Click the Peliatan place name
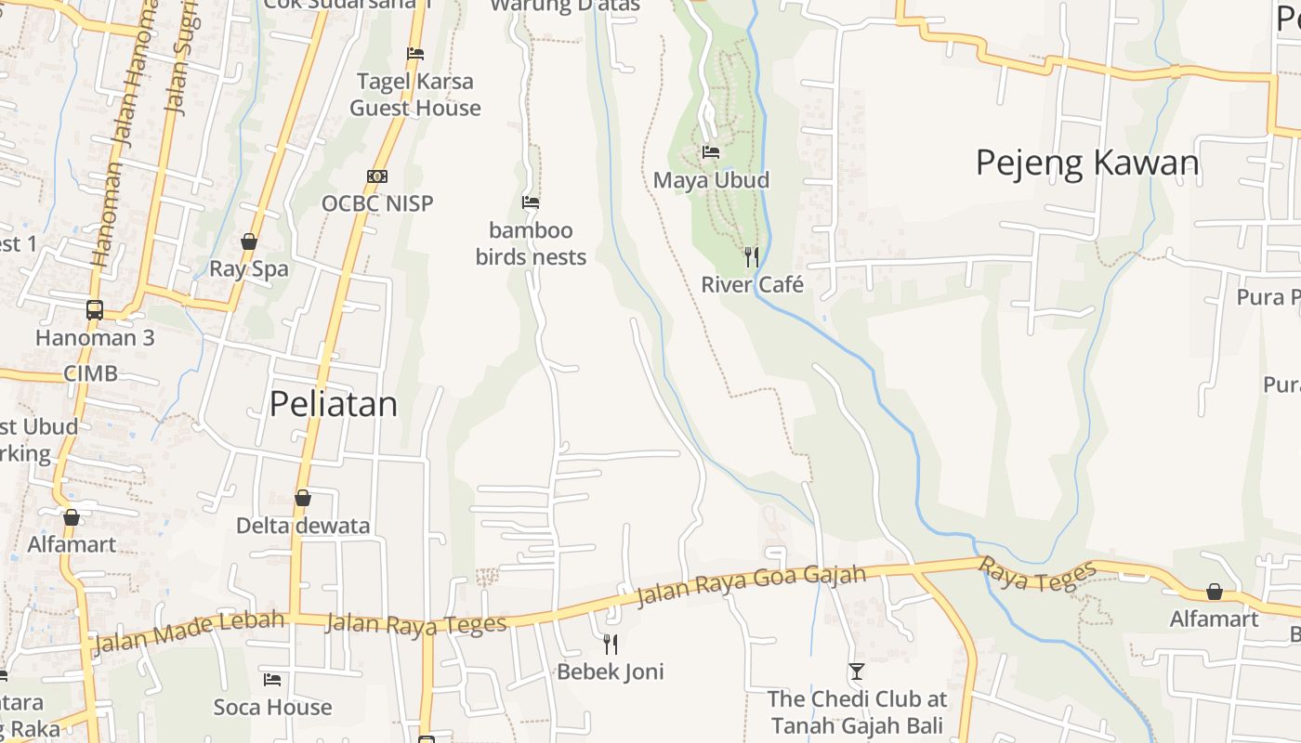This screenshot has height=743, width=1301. [x=334, y=404]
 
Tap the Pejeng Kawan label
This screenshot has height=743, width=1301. [x=1087, y=163]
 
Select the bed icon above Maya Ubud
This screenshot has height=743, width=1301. [x=711, y=152]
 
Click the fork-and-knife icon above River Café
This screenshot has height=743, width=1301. [x=752, y=256]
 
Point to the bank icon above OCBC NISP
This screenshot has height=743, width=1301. [x=376, y=176]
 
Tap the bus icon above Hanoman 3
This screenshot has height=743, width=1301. [x=95, y=309]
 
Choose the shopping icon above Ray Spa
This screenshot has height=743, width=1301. [x=249, y=241]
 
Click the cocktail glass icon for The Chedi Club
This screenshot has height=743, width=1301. [x=856, y=671]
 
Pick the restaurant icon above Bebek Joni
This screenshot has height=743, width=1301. [x=611, y=644]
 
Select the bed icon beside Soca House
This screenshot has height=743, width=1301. [x=272, y=680]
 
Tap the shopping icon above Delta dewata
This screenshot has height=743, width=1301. [x=302, y=498]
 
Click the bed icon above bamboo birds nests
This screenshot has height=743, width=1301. [x=531, y=202]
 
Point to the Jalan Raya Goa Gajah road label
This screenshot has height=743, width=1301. [x=751, y=586]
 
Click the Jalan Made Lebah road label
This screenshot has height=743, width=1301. [x=190, y=631]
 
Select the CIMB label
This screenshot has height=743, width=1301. [x=90, y=373]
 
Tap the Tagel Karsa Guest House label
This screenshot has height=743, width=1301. [x=415, y=95]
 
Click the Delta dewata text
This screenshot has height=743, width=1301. [x=303, y=526]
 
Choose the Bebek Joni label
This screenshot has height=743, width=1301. [x=611, y=671]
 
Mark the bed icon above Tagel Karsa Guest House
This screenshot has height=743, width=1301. [x=415, y=54]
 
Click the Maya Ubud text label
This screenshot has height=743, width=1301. [x=711, y=180]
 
